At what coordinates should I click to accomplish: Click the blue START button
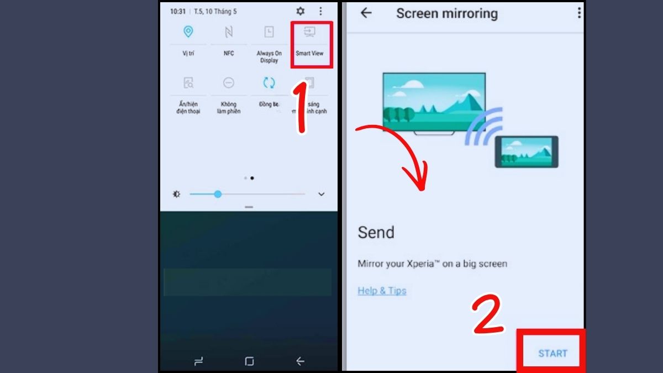552,354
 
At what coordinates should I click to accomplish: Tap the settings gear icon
301,11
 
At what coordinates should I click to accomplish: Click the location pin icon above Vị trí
188,32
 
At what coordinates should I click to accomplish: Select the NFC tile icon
229,32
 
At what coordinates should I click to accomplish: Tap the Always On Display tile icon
269,32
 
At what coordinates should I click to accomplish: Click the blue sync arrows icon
269,83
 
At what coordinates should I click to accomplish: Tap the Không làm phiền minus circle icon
229,83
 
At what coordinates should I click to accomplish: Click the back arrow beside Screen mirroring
366,13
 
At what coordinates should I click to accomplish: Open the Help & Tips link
382,291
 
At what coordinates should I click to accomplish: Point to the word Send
376,232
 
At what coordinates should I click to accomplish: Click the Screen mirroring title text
446,14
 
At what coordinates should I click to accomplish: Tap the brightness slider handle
218,194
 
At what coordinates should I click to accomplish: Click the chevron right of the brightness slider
322,195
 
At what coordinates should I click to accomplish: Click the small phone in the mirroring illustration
526,151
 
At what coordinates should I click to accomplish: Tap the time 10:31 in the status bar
178,11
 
